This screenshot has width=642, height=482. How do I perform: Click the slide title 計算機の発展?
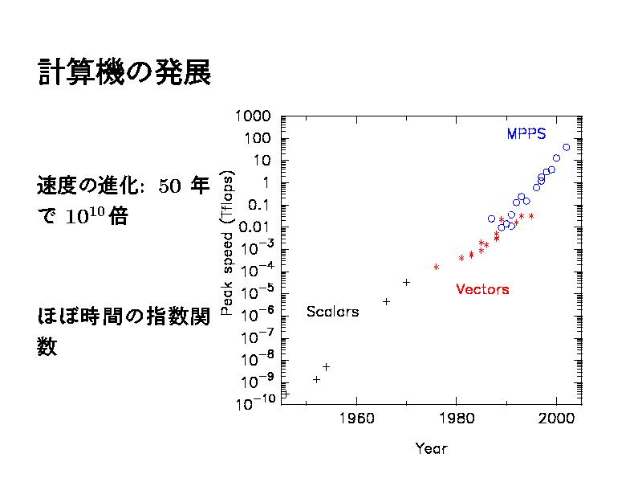pyautogui.click(x=124, y=73)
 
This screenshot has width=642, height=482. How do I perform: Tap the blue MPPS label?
pyautogui.click(x=526, y=134)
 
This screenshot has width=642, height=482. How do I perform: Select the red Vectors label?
pyautogui.click(x=482, y=289)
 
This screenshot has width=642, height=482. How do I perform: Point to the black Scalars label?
pyautogui.click(x=332, y=312)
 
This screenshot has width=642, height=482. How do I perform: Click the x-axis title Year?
pyautogui.click(x=431, y=448)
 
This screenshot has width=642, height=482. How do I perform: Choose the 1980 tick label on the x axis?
pyautogui.click(x=457, y=419)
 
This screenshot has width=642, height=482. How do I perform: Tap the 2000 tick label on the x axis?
pyautogui.click(x=557, y=419)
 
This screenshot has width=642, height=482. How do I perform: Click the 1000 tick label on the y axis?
pyautogui.click(x=254, y=116)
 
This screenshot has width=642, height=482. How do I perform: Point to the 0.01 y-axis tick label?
pyautogui.click(x=258, y=226)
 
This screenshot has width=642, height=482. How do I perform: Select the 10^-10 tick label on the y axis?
pyautogui.click(x=256, y=401)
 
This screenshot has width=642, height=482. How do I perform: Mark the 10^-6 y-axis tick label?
pyautogui.click(x=259, y=313)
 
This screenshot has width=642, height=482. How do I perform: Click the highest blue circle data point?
pyautogui.click(x=567, y=147)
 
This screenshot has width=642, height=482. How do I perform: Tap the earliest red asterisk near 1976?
pyautogui.click(x=437, y=267)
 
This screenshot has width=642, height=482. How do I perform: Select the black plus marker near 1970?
pyautogui.click(x=407, y=282)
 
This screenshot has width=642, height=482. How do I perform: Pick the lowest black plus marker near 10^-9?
pyautogui.click(x=316, y=379)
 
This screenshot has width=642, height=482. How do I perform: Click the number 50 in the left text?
pyautogui.click(x=169, y=187)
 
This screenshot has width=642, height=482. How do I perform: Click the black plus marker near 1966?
pyautogui.click(x=387, y=301)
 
